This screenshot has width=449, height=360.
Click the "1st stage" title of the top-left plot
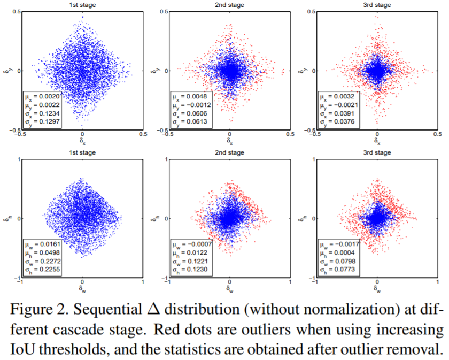(x=82, y=5)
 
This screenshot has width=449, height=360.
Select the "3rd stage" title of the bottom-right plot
(x=377, y=152)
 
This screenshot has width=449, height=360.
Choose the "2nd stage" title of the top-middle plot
(x=229, y=5)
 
